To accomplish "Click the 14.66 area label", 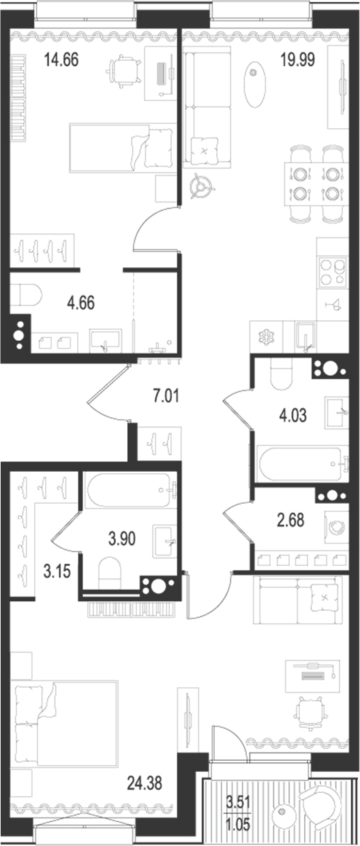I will point(61,59).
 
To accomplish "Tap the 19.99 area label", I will point(300,59).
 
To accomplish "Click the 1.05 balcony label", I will point(239,822).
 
